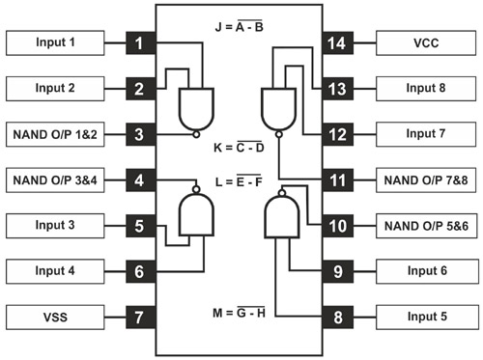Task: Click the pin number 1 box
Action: click(140, 43)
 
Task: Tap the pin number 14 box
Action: click(339, 43)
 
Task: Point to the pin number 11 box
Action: click(339, 180)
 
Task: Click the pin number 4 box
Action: click(140, 180)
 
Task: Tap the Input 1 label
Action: click(56, 43)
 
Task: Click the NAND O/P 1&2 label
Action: click(56, 134)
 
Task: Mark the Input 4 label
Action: click(56, 271)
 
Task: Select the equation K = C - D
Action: click(237, 149)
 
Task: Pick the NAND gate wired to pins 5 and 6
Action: click(197, 212)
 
